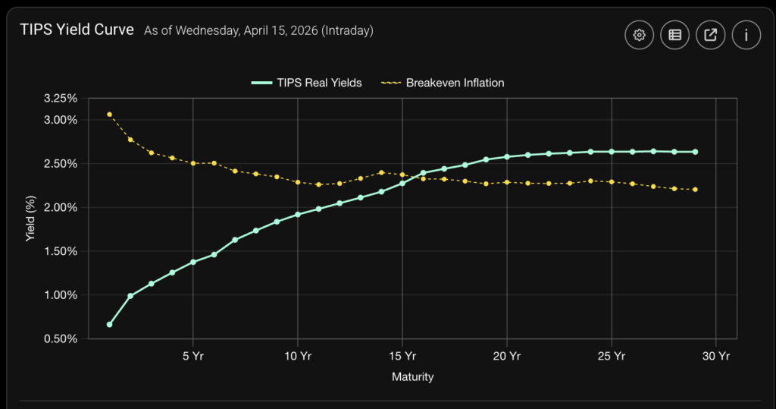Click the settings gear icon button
639,35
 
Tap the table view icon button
674,35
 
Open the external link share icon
711,35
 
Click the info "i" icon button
746,35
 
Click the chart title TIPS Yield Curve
77,30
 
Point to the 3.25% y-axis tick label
61,99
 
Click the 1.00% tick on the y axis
61,295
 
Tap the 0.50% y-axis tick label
61,339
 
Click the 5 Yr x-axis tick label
193,355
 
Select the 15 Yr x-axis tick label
402,355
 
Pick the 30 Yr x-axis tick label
716,355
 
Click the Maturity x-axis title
412,376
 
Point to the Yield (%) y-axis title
30,219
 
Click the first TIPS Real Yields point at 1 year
110,324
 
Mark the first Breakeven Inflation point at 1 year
110,115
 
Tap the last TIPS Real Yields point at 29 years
695,152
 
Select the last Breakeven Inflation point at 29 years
695,190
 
